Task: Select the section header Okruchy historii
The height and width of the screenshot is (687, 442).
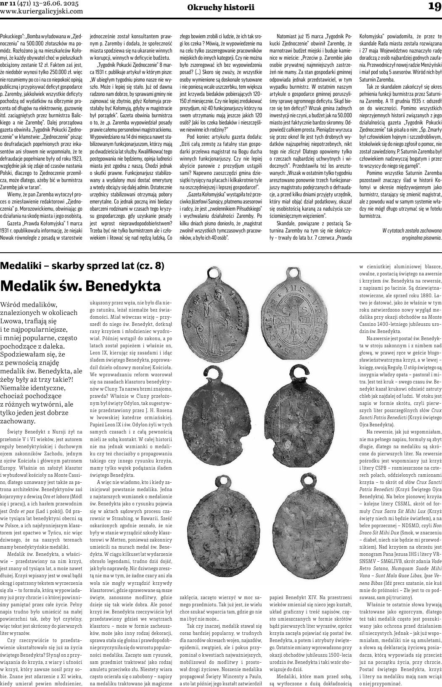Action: pyautogui.click(x=221, y=7)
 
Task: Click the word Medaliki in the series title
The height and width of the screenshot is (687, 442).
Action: pyautogui.click(x=21, y=266)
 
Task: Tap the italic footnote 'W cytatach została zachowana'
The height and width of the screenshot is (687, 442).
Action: pyautogui.click(x=412, y=230)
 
